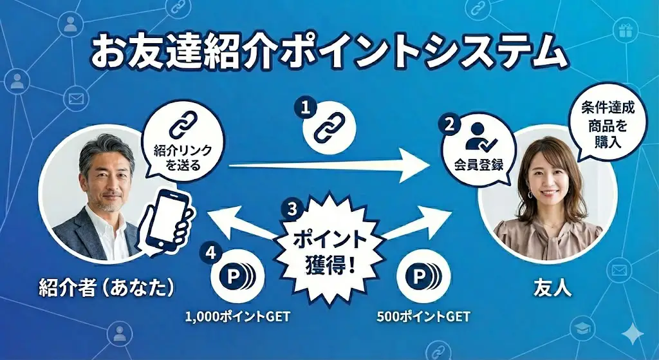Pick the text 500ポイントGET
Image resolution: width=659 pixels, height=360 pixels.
coord(423,317)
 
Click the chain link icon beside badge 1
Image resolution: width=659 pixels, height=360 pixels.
coord(329,128)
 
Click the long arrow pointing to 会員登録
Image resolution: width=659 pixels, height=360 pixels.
coord(328,166)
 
